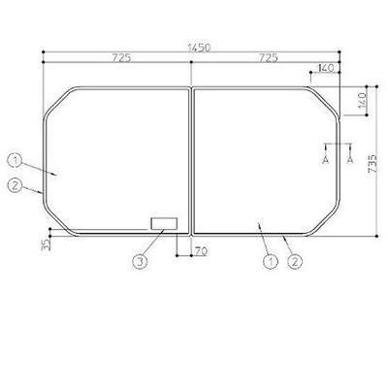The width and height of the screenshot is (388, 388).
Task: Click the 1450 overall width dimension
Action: [x=199, y=48]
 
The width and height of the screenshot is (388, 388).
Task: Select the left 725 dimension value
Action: [x=121, y=58]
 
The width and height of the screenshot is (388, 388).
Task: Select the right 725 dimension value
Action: [x=268, y=58]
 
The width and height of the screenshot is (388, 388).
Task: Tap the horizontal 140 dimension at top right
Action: [x=326, y=68]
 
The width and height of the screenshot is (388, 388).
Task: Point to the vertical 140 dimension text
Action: [x=363, y=100]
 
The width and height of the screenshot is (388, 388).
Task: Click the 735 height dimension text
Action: [x=372, y=163]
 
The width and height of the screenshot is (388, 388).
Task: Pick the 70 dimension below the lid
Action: [x=201, y=251]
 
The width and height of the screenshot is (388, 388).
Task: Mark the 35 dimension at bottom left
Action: [x=47, y=244]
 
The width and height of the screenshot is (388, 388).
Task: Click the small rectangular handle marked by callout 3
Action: [x=164, y=224]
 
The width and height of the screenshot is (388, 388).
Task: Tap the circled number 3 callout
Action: [x=140, y=262]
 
